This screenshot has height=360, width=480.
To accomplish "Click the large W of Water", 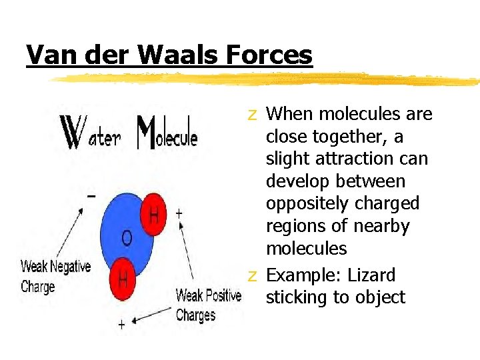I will click(x=69, y=133).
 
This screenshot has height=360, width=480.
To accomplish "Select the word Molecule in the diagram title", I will click(x=167, y=133).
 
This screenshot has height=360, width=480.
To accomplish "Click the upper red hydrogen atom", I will click(x=153, y=215).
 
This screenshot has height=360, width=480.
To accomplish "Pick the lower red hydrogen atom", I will click(x=123, y=276).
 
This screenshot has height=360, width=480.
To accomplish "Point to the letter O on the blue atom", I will click(x=126, y=238).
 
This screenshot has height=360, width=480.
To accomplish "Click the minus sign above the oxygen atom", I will click(x=91, y=196).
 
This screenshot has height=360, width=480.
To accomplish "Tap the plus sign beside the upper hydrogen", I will click(x=179, y=213).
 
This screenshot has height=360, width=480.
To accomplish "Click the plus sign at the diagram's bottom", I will click(x=121, y=324).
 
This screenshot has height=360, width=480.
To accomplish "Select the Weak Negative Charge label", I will click(x=55, y=277).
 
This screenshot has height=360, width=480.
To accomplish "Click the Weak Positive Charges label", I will click(x=208, y=305).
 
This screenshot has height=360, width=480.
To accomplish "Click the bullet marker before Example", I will click(x=252, y=275).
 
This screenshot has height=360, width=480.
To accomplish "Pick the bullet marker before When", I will click(x=252, y=115).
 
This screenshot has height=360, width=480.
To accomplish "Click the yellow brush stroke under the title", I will click(x=267, y=79).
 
